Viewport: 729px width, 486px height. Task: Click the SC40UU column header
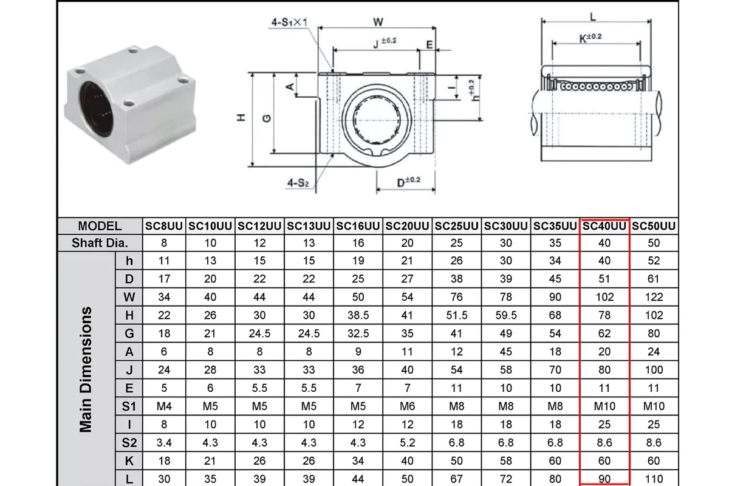604,226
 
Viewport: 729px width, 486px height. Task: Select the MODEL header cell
100,226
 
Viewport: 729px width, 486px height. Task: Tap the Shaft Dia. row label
100,243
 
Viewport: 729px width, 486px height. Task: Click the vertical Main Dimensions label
86,369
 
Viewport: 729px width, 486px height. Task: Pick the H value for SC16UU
358,315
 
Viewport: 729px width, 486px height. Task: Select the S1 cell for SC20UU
408,406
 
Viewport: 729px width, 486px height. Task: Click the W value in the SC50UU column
654,297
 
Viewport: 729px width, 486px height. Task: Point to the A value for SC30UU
506,352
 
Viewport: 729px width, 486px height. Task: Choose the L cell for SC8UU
164,479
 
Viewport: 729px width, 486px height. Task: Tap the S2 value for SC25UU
457,443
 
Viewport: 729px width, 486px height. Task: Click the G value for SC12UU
259,334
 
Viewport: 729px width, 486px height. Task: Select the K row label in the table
129,460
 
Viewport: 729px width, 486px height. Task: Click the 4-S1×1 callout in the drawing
290,22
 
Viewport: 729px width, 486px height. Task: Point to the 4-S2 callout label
298,182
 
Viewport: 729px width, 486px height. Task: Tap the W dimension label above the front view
378,22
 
